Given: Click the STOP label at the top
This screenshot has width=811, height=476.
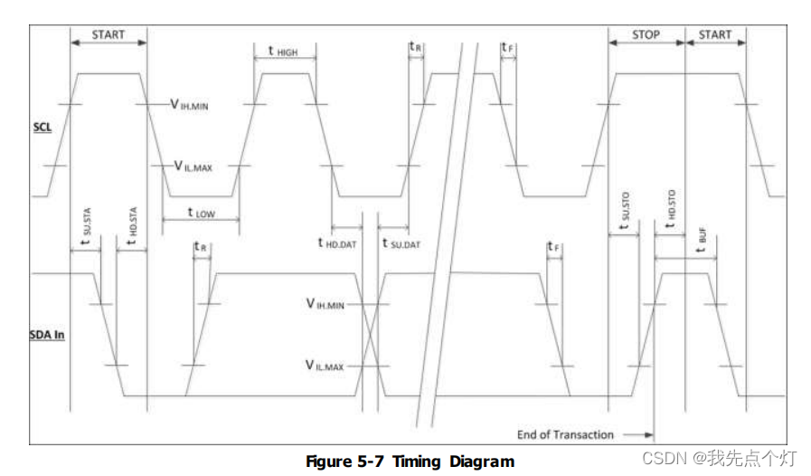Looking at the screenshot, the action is (645, 35).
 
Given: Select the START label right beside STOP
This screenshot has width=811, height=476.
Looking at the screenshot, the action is (714, 35).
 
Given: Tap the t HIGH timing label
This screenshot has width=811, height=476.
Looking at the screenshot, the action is (282, 52).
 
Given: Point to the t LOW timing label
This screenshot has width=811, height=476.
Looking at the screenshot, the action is (201, 214).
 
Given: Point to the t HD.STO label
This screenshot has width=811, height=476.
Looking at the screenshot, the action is (669, 210).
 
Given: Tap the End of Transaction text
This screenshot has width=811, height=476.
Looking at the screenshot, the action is (566, 434).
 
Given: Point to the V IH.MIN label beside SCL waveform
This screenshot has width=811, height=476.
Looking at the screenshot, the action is (190, 105).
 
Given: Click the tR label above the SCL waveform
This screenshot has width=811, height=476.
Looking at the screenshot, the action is (415, 46).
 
